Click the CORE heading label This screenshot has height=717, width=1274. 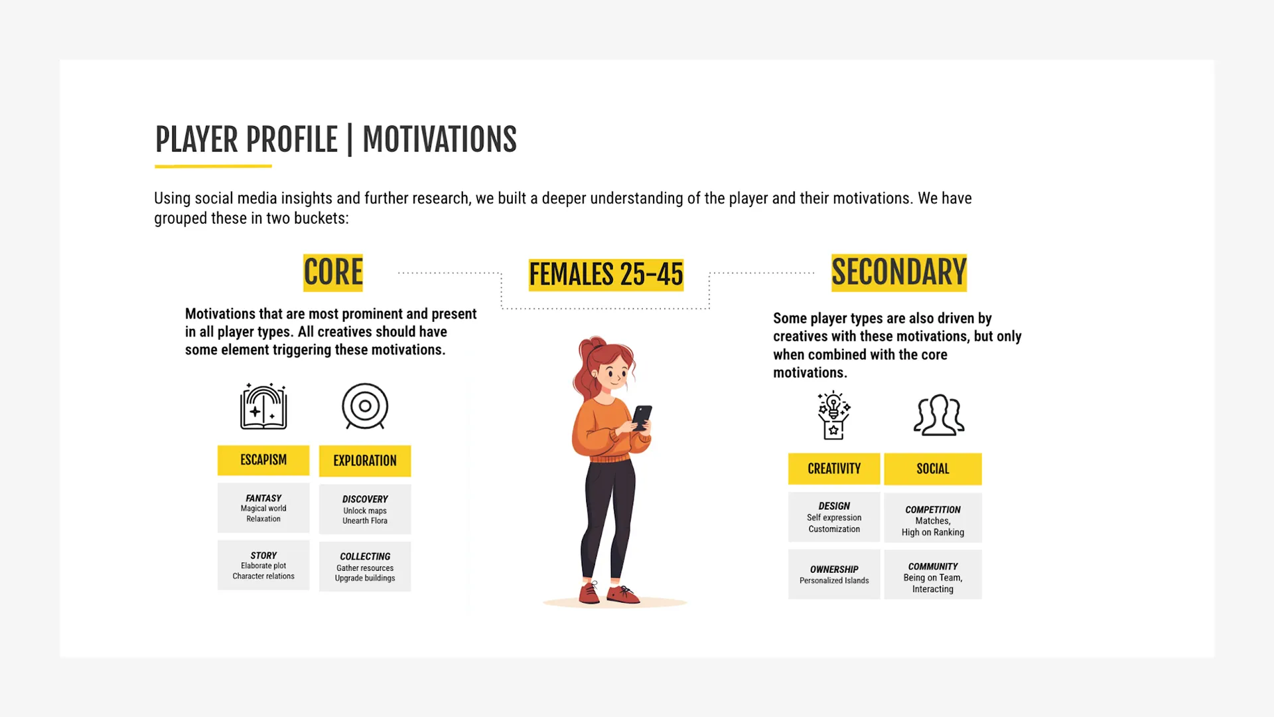click(x=333, y=273)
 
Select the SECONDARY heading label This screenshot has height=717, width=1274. click(x=899, y=273)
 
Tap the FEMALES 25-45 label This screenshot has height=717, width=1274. click(x=606, y=275)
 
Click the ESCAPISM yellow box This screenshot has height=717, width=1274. click(x=263, y=460)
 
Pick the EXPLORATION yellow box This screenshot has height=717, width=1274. click(x=365, y=461)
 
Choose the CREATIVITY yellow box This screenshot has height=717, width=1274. click(x=834, y=469)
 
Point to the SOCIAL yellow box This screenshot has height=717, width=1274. click(x=933, y=469)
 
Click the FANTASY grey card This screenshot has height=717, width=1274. click(x=263, y=508)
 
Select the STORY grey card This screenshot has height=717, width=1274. click(x=263, y=565)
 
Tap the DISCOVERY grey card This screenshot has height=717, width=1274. click(x=365, y=509)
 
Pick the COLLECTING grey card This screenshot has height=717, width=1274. click(x=365, y=566)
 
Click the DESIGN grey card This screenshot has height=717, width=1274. click(x=834, y=517)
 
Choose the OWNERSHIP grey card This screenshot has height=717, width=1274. click(x=834, y=574)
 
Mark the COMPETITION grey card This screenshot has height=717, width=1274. click(x=933, y=518)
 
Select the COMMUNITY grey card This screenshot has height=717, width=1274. click(x=933, y=574)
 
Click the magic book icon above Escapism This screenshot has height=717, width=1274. click(x=263, y=406)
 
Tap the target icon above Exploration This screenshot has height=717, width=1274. click(x=365, y=406)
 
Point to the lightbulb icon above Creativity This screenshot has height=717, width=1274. click(x=834, y=416)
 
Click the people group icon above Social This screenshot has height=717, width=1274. click(x=939, y=416)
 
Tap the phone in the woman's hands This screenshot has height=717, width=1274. click(x=642, y=418)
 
